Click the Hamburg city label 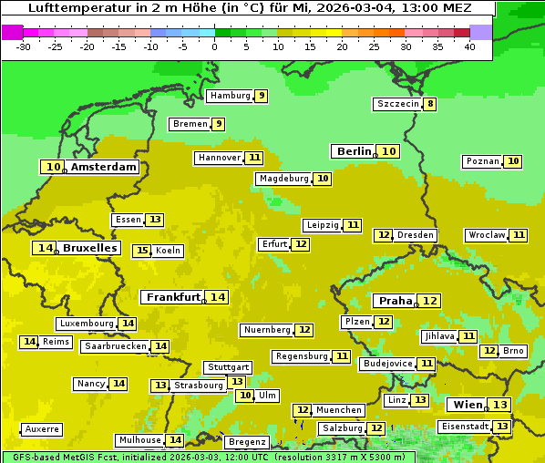pos(230,96)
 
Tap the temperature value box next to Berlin pos(389,151)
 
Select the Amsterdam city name pos(104,167)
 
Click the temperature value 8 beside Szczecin pos(430,104)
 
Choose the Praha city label pos(396,301)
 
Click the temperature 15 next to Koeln pos(141,251)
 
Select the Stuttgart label pos(227,367)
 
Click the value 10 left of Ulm pos(244,396)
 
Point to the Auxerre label pos(42,429)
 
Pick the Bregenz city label pos(246,442)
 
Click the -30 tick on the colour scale pos(24,46)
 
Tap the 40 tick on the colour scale pos(469,46)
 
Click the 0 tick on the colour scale pos(215,46)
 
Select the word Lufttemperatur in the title pos(69,7)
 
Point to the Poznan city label pos(482,161)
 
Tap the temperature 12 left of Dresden pos(383,235)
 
